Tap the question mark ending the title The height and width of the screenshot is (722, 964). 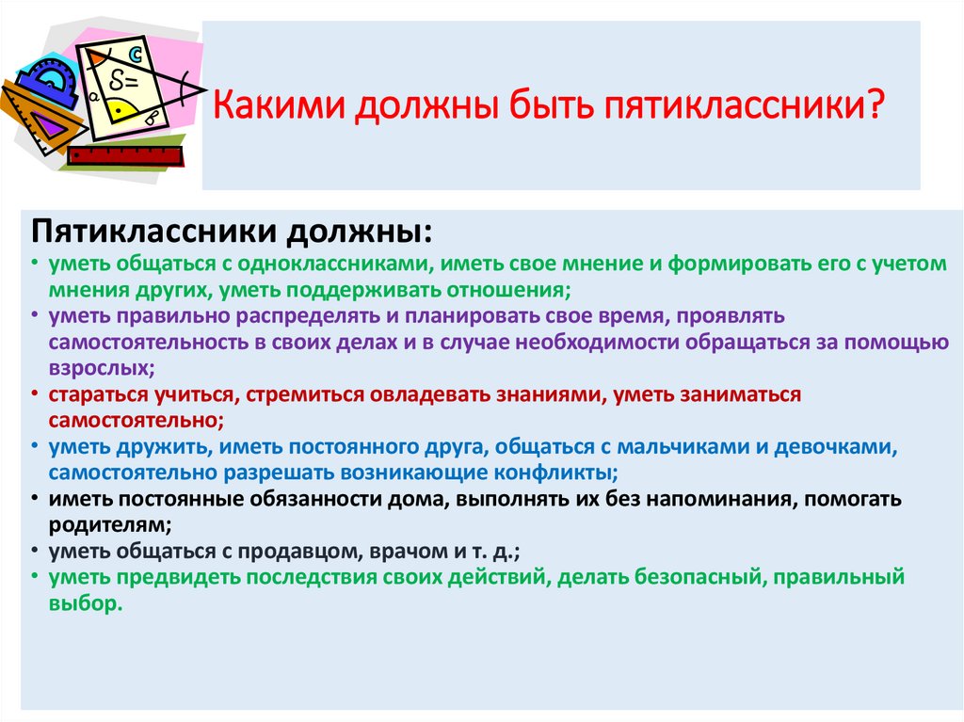click(x=874, y=104)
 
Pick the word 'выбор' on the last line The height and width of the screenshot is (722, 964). click(x=86, y=603)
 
